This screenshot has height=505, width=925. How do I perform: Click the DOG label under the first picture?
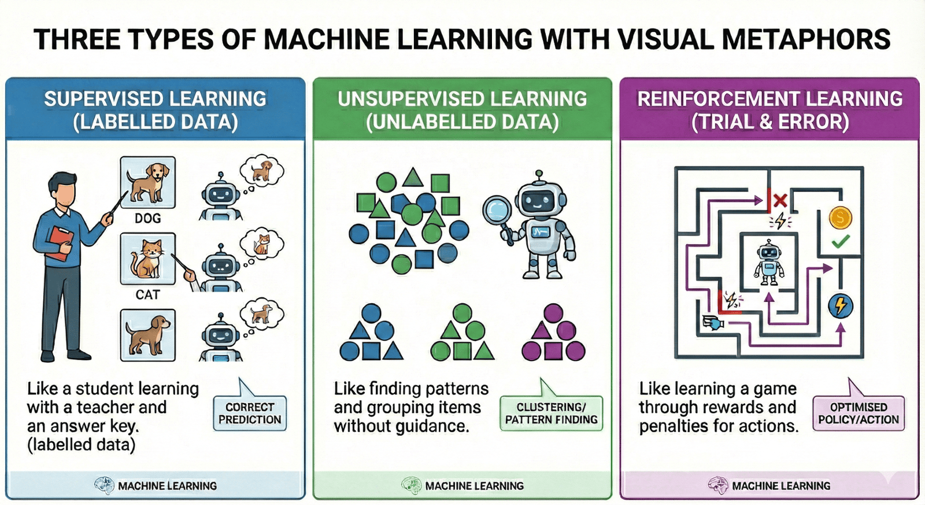coord(147,218)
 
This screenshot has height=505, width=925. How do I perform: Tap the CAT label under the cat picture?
coord(147,294)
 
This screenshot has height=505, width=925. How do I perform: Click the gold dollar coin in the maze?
coord(840,218)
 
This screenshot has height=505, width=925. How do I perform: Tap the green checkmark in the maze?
coord(840,241)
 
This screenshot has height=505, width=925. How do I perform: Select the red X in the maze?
coord(780,201)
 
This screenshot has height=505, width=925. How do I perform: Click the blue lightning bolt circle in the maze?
coord(840,305)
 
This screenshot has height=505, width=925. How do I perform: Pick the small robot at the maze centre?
coord(768,263)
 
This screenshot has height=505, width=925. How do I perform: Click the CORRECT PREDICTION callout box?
coord(250,413)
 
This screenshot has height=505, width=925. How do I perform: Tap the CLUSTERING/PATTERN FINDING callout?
coord(551,413)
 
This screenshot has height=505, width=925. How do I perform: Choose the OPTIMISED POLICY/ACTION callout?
coord(859,413)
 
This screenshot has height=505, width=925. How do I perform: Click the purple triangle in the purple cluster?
coord(541,330)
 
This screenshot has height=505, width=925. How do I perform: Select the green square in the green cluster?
coord(462,351)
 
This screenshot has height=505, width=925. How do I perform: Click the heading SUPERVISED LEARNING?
coord(155,99)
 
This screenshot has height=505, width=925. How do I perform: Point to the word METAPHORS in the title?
coord(806,39)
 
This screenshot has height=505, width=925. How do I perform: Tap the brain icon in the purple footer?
coord(718,485)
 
